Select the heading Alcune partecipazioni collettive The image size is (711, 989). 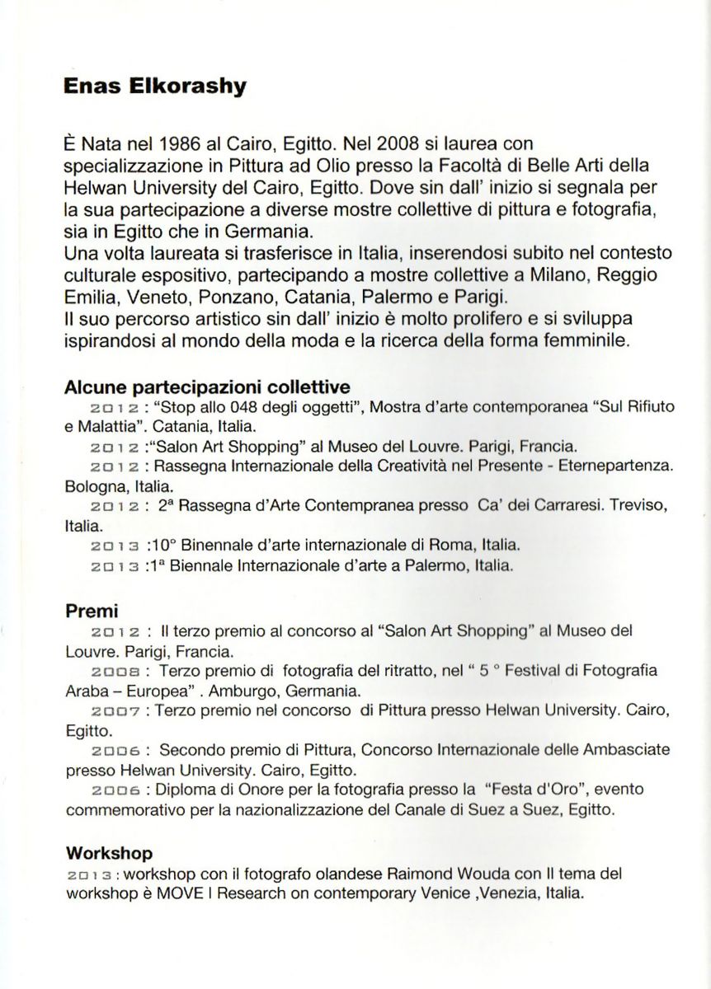coord(207,387)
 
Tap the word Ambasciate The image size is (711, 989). coord(624,751)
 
